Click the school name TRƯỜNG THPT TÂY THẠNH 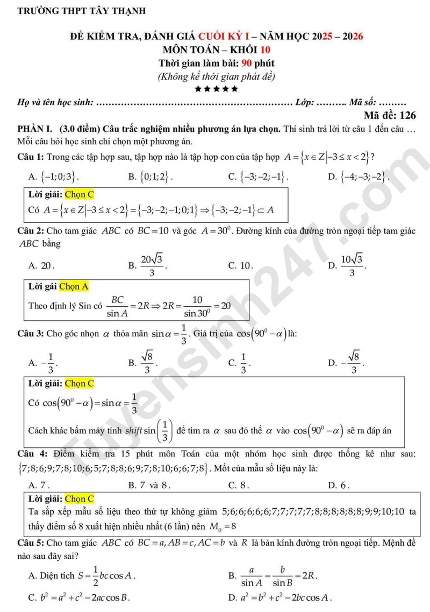81,11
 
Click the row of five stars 216,88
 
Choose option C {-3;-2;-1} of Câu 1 259,176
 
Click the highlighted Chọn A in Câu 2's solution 74,287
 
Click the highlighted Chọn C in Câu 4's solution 79,499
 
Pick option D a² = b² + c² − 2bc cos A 280,597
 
